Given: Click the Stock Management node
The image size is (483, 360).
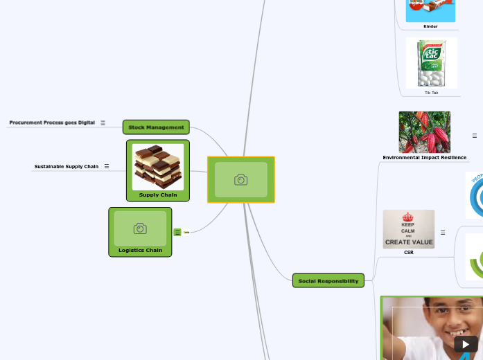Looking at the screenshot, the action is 156,127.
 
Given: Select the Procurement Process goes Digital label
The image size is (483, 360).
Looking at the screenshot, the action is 52,123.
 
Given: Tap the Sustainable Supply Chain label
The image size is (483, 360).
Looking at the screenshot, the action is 67,166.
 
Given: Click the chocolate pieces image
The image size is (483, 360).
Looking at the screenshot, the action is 158,166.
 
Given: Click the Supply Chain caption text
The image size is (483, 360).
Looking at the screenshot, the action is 158,195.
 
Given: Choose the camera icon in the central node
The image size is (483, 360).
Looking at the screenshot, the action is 240,180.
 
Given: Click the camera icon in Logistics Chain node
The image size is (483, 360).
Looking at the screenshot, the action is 140,228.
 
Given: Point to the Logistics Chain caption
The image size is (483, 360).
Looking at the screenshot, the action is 140,250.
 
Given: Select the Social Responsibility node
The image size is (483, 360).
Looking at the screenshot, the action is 328,280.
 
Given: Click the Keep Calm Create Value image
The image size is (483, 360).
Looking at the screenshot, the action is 409,228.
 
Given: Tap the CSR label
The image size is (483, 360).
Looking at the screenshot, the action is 409,253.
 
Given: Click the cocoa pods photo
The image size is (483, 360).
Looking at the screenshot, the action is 424,132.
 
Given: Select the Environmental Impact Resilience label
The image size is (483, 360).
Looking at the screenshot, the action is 424,158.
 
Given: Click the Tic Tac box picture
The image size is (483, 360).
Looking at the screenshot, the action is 431,63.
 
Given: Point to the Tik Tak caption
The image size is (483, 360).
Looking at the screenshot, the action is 431,92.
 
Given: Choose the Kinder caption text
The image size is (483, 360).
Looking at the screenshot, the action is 430,26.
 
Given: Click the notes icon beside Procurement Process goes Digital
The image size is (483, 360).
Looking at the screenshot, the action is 103,123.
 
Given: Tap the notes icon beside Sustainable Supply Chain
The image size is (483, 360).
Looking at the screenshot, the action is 107,166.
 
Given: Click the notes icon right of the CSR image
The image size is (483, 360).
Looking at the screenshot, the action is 443,233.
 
